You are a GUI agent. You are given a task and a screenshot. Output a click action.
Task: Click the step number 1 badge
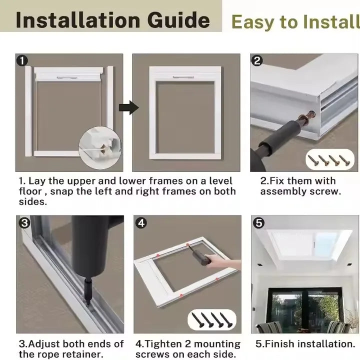tap(21, 61)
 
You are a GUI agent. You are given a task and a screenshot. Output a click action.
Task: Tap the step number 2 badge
tap(257, 61)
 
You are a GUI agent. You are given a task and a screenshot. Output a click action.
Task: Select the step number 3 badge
tap(24, 223)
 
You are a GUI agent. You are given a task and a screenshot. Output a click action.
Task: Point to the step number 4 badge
tap(141, 223)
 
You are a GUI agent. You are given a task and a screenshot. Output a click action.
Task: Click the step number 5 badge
tap(258, 223)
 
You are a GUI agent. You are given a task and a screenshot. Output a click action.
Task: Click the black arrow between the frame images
tap(128, 107)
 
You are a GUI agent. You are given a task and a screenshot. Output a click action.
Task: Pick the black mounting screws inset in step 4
tap(211, 319)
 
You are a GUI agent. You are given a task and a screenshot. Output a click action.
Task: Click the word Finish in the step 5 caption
tap(282, 344)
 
